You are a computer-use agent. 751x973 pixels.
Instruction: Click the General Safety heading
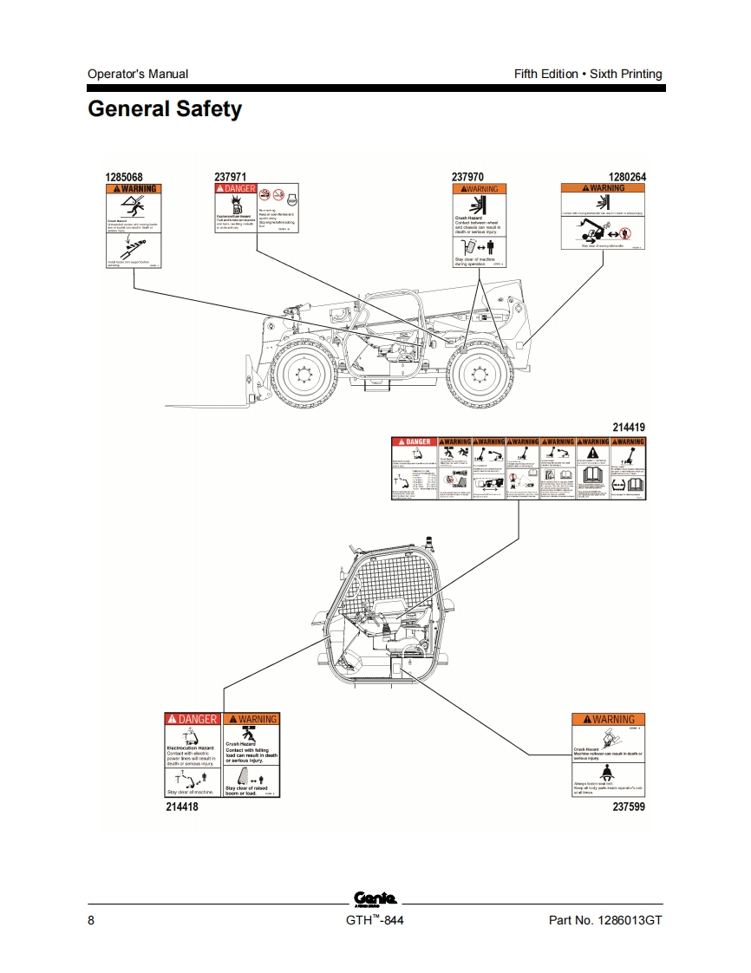[x=165, y=110]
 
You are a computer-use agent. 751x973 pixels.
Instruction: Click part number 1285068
[x=124, y=177]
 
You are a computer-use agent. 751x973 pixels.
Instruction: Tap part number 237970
[x=467, y=177]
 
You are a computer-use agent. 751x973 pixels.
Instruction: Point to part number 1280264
[x=627, y=177]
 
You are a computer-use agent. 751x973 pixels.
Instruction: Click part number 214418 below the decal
[x=182, y=806]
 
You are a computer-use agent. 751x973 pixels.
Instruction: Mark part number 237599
[x=629, y=806]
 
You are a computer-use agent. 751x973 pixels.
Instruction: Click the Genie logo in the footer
[x=375, y=898]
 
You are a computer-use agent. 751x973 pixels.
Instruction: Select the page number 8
[x=91, y=920]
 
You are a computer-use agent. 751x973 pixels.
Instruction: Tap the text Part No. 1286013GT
[x=605, y=920]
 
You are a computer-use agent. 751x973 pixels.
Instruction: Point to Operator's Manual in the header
[x=138, y=74]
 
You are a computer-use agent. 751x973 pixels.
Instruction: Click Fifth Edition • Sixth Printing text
[x=588, y=74]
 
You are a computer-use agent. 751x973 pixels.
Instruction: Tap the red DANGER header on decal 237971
[x=235, y=189]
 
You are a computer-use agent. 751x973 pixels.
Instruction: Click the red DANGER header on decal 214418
[x=193, y=719]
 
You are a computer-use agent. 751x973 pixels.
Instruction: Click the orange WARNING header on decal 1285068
[x=134, y=189]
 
